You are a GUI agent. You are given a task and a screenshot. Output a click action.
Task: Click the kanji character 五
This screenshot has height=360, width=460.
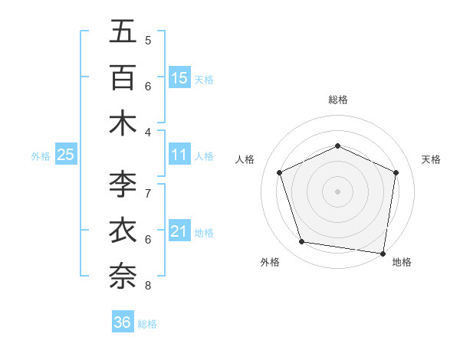coord(123,31)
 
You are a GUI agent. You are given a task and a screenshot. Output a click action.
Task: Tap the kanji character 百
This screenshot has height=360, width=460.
coord(123,77)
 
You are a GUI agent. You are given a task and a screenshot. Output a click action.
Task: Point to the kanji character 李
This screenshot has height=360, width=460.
coord(123,184)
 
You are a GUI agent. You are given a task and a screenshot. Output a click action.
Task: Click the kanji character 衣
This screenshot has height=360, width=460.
coord(123,230)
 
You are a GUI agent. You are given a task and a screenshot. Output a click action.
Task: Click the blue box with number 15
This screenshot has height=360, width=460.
coord(179,77)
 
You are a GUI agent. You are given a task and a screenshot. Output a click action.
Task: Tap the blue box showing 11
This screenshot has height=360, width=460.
coord(179,155)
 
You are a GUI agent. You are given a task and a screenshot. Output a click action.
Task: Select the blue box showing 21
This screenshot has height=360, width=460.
coord(179,231)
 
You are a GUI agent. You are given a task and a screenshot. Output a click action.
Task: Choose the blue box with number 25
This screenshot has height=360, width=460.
coord(66,155)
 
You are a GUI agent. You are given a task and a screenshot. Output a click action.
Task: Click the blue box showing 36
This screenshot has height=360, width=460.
coord(123,322)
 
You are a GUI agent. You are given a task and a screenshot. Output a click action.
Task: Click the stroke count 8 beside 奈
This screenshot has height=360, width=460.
coord(148,286)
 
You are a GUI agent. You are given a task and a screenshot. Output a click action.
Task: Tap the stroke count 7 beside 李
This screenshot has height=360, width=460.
coord(148,193)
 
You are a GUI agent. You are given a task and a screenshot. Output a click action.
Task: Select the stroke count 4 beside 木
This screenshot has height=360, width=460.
coord(148,132)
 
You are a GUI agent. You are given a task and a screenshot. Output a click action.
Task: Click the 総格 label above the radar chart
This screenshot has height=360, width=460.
coord(338,100)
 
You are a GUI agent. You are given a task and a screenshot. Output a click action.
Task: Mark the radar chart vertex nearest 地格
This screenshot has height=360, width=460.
coord(383,253)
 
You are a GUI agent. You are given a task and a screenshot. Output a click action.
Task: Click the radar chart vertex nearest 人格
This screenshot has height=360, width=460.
coord(279,172)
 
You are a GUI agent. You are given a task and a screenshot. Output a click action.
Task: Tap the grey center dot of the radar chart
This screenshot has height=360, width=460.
coord(338,191)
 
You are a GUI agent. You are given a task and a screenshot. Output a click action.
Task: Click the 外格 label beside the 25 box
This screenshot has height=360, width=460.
coord(41,155)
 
